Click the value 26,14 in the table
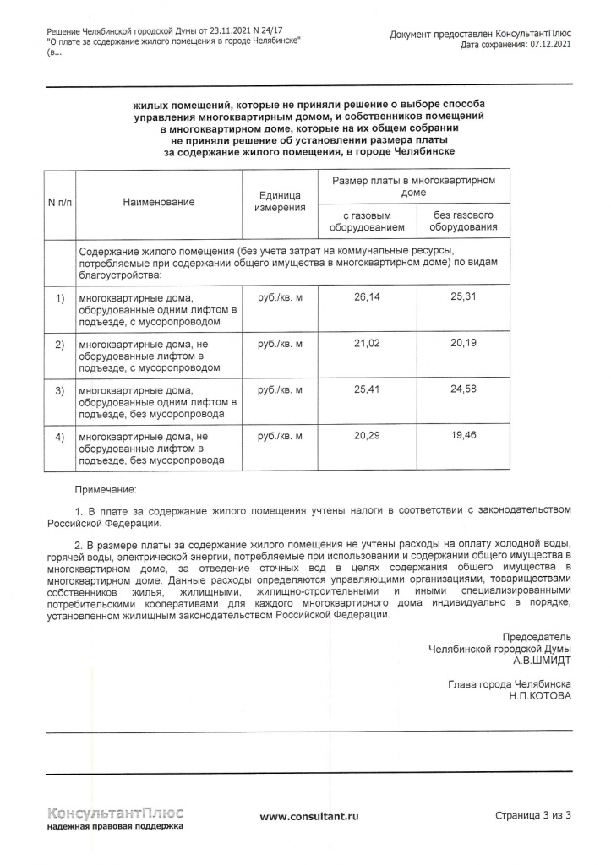[367, 298]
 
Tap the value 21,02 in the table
[367, 344]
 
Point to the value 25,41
[367, 390]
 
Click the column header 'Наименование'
[158, 202]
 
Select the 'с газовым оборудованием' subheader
[367, 221]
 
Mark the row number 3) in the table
[59, 390]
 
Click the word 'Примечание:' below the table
[105, 490]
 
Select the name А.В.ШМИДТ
[542, 661]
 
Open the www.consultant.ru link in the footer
[309, 816]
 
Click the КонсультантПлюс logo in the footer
[115, 813]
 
